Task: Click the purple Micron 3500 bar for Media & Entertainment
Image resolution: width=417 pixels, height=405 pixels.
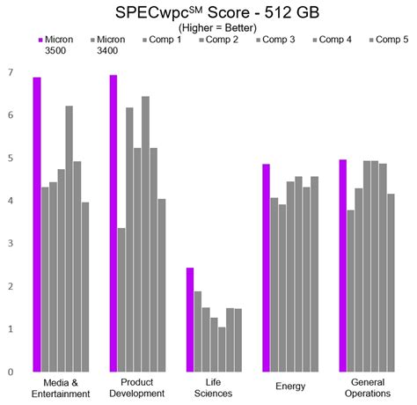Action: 37,225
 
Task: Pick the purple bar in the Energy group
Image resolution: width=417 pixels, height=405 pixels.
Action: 266,268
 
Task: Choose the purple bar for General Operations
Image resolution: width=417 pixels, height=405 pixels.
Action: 342,265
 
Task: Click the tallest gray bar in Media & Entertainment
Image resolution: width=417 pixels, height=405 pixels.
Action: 69,239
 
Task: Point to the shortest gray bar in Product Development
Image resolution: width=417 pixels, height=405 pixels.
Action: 121,299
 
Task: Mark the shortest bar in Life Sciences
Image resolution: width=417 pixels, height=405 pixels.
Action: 222,349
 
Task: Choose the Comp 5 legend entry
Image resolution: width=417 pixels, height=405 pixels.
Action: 386,40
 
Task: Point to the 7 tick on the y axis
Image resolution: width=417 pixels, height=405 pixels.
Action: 10,72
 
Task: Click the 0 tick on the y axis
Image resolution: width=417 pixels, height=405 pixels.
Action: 10,372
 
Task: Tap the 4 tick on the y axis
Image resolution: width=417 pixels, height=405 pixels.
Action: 10,201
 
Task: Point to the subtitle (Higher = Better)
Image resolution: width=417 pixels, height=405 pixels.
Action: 208,27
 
